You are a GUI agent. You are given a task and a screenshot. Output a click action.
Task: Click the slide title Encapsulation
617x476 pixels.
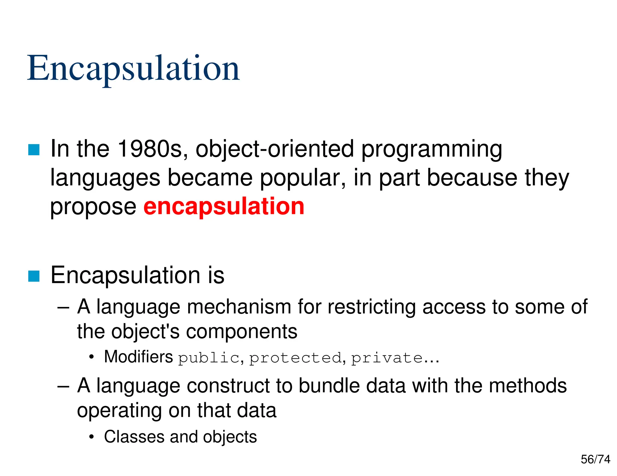(133, 69)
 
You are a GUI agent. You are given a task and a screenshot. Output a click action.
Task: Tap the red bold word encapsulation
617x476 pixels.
(224, 206)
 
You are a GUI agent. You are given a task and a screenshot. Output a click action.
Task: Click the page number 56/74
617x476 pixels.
(595, 459)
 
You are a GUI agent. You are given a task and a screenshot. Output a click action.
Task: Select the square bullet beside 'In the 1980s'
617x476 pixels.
(34, 150)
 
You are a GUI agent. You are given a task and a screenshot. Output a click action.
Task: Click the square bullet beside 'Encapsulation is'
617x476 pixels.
(34, 276)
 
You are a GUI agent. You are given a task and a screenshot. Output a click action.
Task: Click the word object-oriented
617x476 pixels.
(274, 149)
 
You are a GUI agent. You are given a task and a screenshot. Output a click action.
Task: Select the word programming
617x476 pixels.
(431, 149)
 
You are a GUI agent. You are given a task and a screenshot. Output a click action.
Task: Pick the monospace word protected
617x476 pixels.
(296, 358)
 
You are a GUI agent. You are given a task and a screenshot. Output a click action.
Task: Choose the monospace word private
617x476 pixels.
(387, 358)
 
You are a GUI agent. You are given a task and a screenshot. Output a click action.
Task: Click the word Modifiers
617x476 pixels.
(138, 357)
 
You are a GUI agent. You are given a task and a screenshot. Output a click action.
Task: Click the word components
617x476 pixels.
(242, 332)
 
